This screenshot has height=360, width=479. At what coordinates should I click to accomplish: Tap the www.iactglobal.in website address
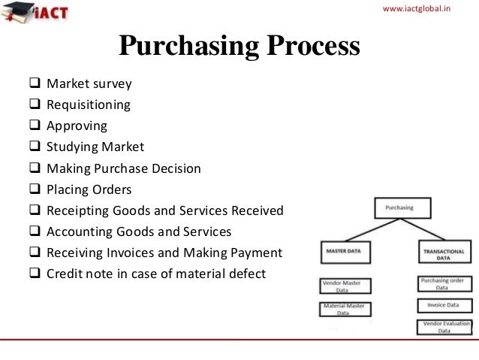(422, 8)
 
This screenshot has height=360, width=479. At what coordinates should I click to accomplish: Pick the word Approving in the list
(77, 126)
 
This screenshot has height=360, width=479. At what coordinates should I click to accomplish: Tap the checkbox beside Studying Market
(35, 147)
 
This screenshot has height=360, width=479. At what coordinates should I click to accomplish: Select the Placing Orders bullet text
(89, 189)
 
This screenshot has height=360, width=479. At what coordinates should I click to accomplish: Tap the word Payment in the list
(255, 253)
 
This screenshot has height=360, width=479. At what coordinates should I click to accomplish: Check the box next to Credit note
(35, 274)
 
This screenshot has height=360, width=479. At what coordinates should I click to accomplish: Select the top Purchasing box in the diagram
(404, 207)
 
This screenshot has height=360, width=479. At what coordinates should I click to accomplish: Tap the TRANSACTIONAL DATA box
(442, 253)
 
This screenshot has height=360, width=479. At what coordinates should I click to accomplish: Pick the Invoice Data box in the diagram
(442, 306)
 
